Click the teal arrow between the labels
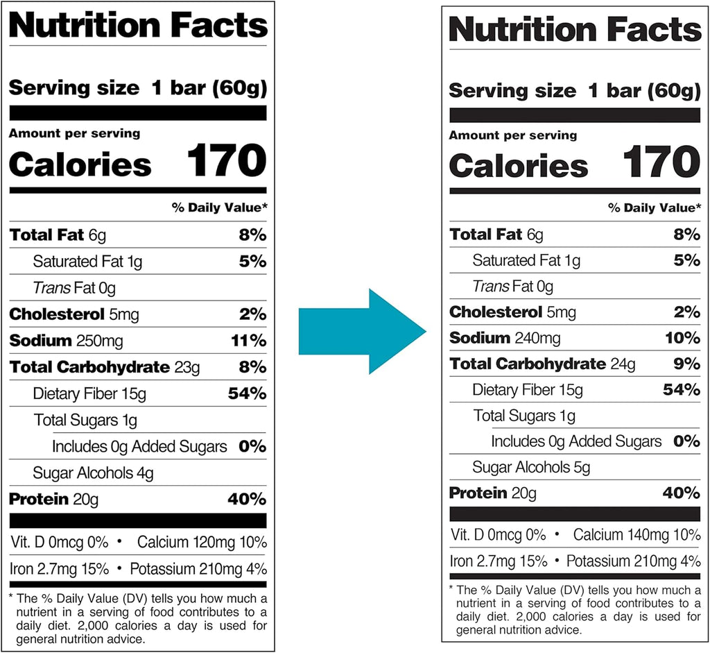point(361,331)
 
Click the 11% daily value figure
point(248,341)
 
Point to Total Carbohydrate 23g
point(104,367)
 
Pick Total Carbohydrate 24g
point(544,364)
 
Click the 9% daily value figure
point(686,364)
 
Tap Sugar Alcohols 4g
point(93,473)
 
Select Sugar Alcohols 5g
point(531,467)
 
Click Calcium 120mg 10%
point(202,542)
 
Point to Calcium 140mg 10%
point(637,535)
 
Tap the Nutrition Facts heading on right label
point(575,30)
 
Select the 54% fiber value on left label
point(247,393)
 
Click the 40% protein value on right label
point(681,493)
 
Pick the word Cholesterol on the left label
point(57,314)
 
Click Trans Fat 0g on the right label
point(512,286)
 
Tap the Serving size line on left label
point(137,88)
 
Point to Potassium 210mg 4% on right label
point(633,561)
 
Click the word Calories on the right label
point(518,167)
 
